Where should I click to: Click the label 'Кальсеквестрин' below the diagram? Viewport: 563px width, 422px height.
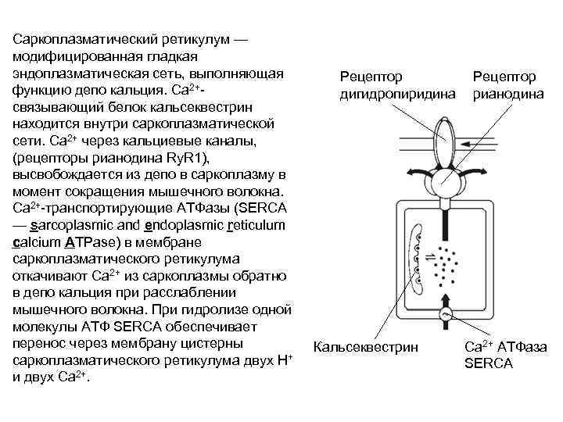[365, 346]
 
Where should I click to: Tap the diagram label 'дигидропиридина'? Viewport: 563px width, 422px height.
[396, 95]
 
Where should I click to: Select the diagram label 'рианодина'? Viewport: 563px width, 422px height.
[506, 95]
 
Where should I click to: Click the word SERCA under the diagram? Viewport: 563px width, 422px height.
[488, 363]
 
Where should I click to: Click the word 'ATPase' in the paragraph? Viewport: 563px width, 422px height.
[89, 242]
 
